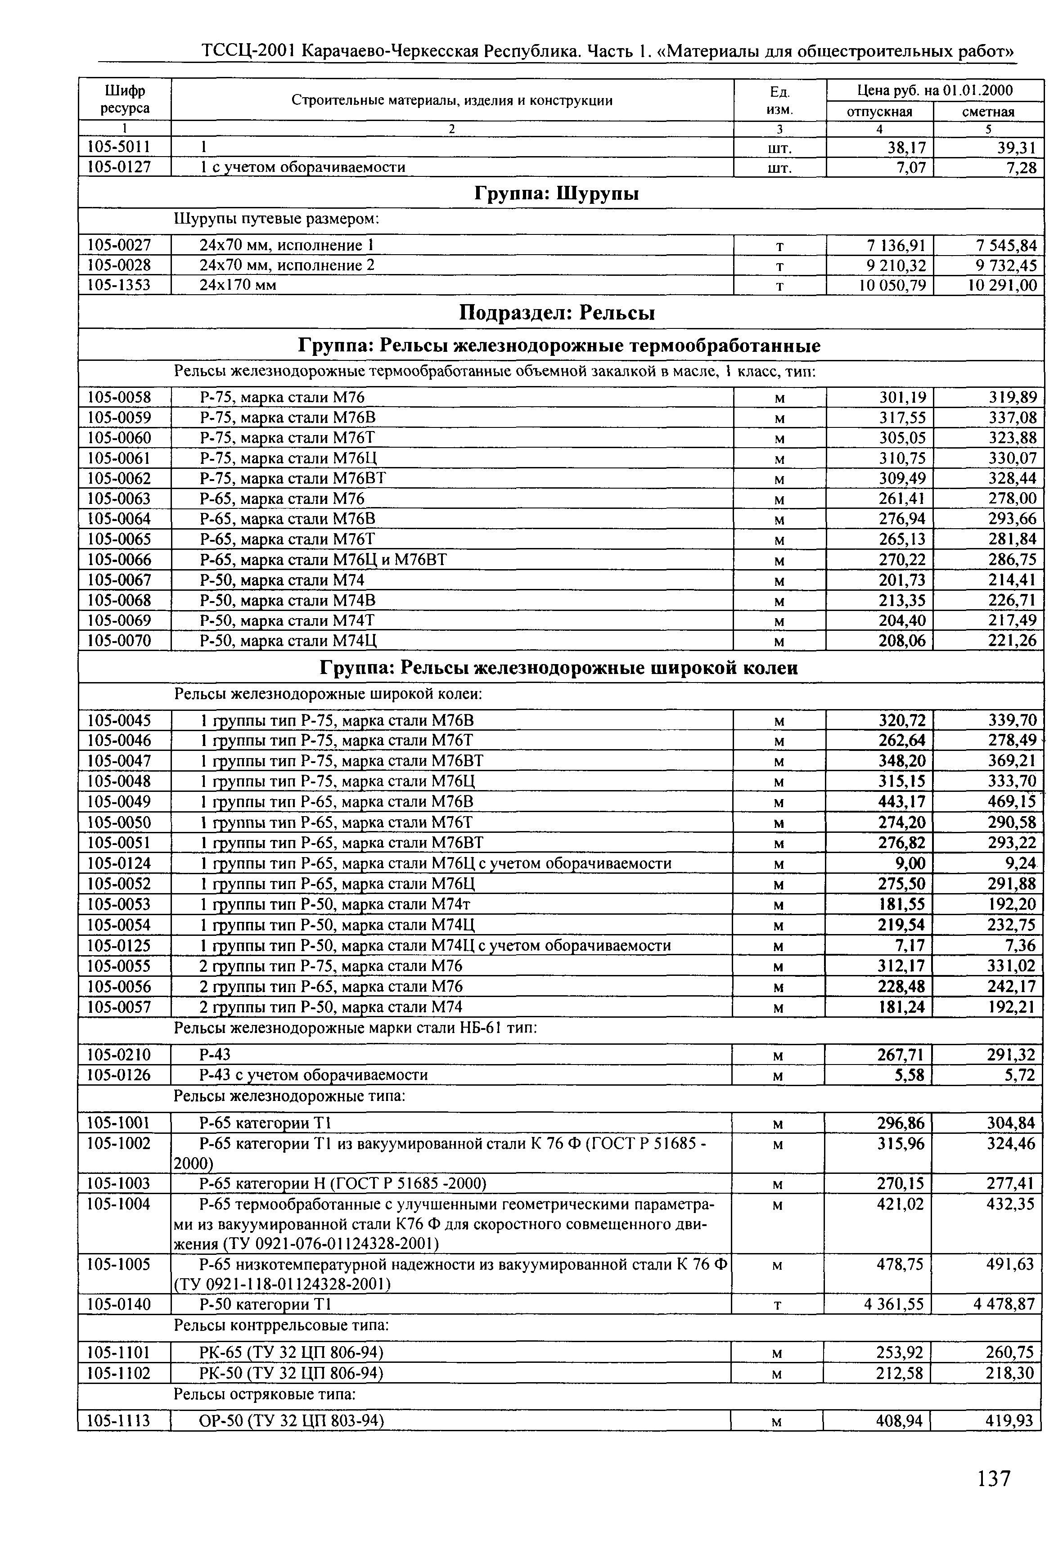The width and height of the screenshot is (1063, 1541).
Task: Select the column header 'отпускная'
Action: (x=879, y=111)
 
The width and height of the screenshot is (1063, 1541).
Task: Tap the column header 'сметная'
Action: (x=988, y=111)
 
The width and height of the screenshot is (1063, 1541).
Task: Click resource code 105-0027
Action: (x=119, y=246)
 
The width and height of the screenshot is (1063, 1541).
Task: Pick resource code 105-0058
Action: (x=119, y=398)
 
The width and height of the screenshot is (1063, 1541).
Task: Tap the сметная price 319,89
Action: (x=1013, y=398)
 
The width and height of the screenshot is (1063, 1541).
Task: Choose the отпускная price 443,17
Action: (x=902, y=802)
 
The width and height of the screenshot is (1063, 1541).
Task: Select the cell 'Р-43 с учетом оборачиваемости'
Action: (x=314, y=1075)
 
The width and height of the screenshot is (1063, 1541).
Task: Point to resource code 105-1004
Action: (x=119, y=1204)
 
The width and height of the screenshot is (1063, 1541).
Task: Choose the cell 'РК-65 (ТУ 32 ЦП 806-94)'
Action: (x=291, y=1352)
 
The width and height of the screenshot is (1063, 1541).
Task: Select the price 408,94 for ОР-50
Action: (x=899, y=1422)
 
